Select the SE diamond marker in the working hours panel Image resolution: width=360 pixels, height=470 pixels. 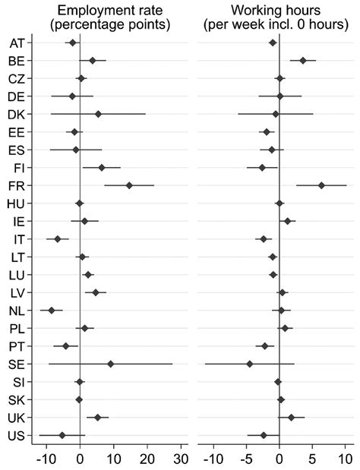click(x=249, y=364)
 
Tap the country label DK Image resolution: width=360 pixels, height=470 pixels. click(x=17, y=114)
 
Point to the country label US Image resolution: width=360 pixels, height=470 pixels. click(x=17, y=435)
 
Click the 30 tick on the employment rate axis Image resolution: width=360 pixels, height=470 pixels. click(x=180, y=458)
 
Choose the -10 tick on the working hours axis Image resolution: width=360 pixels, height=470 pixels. click(x=213, y=458)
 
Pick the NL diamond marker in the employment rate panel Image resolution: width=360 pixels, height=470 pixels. click(x=52, y=311)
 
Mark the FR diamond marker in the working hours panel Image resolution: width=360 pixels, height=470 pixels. click(x=321, y=185)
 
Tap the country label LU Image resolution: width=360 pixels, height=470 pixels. click(x=17, y=275)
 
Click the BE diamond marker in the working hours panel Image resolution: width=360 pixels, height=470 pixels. click(x=303, y=60)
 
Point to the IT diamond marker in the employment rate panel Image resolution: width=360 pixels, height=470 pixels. click(x=58, y=239)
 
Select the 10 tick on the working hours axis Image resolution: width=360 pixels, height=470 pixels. click(x=345, y=458)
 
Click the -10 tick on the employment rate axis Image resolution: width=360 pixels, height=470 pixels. click(x=46, y=458)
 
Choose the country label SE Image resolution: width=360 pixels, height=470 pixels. click(x=17, y=364)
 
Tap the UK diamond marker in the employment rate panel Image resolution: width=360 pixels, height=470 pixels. click(x=97, y=417)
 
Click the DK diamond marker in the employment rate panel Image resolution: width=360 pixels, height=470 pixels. click(x=98, y=114)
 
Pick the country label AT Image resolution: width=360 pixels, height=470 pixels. click(x=17, y=43)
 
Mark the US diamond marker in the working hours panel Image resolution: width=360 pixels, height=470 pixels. click(x=264, y=435)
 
